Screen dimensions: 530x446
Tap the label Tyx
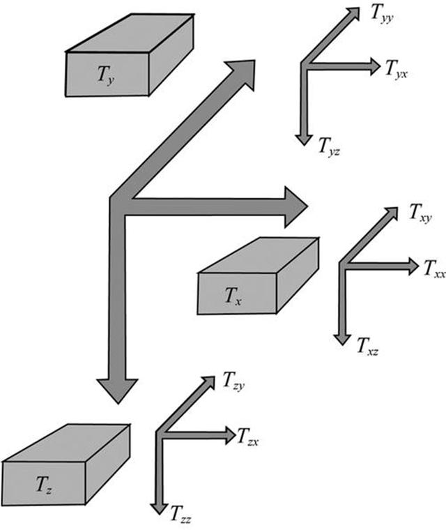[x=395, y=68]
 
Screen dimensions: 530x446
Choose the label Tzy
[x=233, y=381]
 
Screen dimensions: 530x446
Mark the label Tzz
[x=180, y=517]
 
